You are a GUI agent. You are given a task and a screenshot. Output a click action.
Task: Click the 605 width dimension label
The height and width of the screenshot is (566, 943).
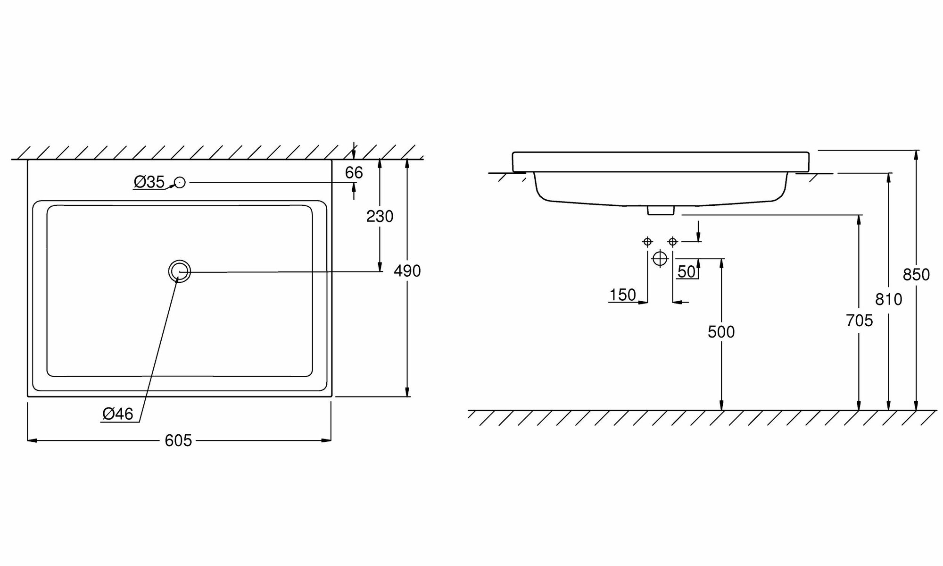pos(178,440)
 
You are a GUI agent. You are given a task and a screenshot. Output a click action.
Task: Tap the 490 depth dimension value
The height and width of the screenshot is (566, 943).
pos(407,271)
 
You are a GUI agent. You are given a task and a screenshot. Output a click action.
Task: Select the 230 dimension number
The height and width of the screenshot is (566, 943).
pos(380,216)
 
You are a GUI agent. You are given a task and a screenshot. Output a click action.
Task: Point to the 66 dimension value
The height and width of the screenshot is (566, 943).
pos(354,173)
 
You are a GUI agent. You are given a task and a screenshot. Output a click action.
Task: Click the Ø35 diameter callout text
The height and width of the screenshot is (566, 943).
pos(149,182)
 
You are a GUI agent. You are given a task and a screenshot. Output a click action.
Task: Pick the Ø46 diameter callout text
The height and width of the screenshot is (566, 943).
pos(118,414)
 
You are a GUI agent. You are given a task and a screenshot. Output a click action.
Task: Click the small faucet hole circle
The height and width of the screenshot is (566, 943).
pos(180,182)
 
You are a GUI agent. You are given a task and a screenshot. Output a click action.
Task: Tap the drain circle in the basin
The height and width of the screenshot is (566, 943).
pos(179,271)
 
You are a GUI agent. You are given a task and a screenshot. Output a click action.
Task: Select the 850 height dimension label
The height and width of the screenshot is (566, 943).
pos(916,275)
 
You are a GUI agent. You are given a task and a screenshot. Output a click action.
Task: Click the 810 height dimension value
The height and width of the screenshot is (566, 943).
pos(889,299)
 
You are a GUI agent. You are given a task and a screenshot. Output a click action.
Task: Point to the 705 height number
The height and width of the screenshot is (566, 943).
pos(860,321)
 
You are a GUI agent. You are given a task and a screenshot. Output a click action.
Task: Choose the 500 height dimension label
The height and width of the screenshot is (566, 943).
pos(721,332)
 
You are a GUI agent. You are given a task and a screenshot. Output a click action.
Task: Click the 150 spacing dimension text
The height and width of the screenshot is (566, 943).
pos(623,295)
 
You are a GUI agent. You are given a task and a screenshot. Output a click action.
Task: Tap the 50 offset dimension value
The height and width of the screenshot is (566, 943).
pos(687,271)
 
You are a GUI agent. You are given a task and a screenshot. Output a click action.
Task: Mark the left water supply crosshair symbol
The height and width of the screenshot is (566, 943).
pos(647,242)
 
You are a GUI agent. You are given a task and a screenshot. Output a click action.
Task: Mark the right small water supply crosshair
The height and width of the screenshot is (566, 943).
pos(673,242)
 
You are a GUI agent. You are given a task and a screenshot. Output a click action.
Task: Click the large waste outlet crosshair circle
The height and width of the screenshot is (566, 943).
pos(660,259)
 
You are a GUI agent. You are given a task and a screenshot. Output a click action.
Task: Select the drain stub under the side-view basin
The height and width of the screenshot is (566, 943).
pos(661,211)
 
